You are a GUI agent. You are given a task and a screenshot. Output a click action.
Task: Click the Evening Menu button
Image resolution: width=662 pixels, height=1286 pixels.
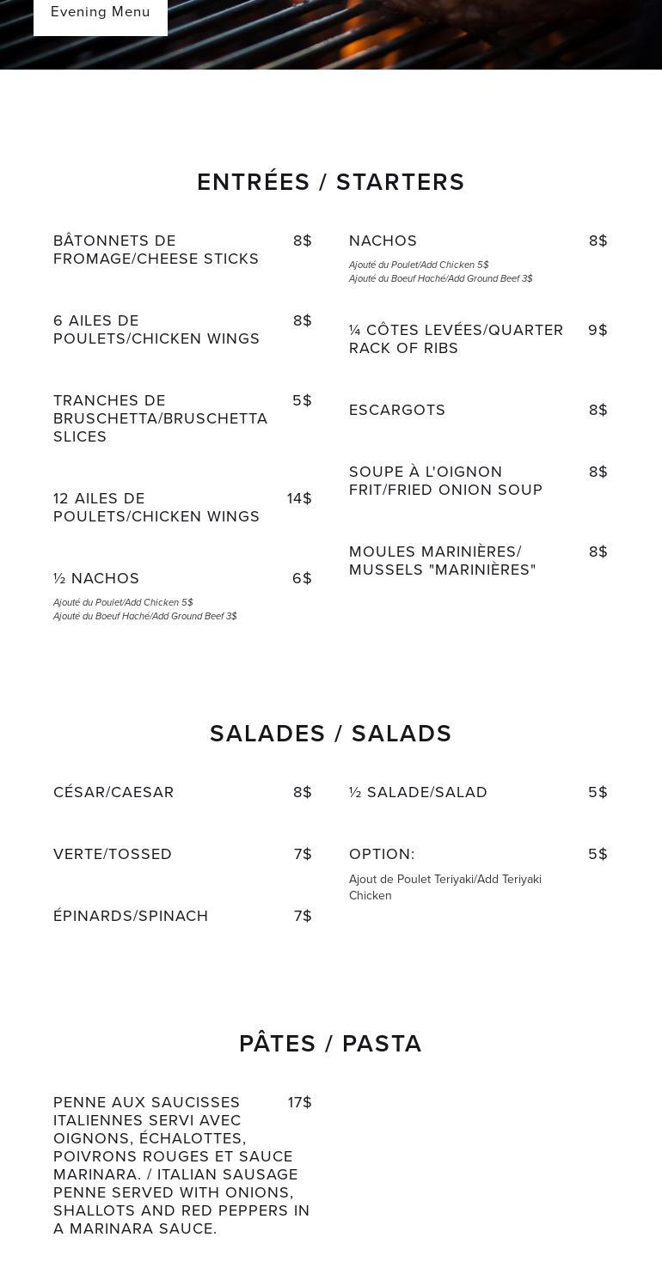[101, 12]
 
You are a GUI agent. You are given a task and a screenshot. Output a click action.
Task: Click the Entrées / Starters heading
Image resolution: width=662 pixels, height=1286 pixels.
[331, 182]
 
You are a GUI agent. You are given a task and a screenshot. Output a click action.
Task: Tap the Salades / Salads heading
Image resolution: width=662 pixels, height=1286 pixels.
[331, 734]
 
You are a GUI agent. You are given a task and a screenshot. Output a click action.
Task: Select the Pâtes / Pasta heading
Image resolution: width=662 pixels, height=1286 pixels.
[331, 1044]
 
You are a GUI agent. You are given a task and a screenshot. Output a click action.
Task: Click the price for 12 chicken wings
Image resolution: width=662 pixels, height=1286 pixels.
[299, 499]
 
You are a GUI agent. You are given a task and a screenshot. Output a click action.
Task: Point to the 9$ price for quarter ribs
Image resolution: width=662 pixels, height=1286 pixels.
[598, 331]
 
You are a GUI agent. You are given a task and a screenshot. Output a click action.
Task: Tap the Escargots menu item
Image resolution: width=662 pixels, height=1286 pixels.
[397, 411]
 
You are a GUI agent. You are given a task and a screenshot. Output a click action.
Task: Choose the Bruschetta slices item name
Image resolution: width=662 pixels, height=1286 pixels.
[160, 419]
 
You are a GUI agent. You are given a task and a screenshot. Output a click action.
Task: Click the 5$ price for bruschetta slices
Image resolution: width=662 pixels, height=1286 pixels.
[302, 401]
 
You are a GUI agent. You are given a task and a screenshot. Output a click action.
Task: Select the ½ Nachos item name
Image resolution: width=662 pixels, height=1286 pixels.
[96, 579]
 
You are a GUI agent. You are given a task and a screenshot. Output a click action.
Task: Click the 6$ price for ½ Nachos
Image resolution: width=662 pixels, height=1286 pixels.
[302, 579]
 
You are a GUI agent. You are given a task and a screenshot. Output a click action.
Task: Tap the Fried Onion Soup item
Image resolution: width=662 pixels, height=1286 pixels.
[445, 481]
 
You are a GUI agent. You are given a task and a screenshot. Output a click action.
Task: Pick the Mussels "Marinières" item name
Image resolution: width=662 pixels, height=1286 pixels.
[442, 561]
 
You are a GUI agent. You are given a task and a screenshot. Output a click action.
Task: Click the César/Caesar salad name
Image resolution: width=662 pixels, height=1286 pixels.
[113, 793]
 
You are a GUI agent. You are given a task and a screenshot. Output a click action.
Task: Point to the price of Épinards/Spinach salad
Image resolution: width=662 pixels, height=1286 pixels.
[303, 917]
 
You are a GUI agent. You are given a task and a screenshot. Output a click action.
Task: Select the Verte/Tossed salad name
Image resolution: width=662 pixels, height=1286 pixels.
[113, 855]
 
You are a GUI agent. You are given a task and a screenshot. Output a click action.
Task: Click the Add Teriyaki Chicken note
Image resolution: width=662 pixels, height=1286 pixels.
[444, 887]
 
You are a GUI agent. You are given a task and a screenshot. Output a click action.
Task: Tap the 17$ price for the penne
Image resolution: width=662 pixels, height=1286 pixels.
[299, 1103]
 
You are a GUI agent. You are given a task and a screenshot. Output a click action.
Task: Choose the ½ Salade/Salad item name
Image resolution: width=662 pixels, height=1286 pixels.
[418, 793]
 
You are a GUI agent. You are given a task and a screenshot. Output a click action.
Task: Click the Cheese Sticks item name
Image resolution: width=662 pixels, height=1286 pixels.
[156, 250]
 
